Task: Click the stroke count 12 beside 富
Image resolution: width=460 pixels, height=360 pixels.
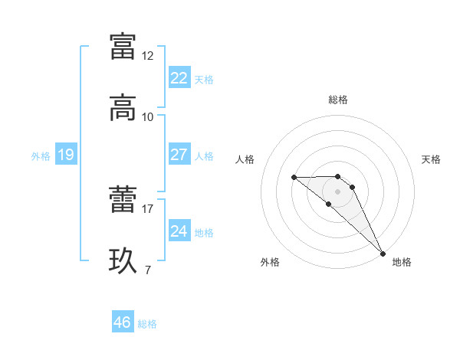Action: coord(148,56)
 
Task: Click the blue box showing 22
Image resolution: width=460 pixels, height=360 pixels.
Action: coord(179,78)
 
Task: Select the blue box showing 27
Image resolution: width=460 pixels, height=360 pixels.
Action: coord(179,155)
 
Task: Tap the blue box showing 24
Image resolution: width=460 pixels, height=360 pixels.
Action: coord(179,231)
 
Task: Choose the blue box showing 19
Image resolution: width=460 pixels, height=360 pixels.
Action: coord(66,155)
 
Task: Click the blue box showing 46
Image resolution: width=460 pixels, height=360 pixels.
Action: coord(123,322)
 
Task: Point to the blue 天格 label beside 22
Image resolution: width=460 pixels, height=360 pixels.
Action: coord(204,79)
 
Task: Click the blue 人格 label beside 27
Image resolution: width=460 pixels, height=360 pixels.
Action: coord(204,155)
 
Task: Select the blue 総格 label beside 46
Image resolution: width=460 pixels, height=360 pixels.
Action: coord(147,324)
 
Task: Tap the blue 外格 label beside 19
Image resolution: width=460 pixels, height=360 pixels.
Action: coord(41,156)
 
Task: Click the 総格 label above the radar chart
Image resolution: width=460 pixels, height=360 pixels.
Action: coord(338,100)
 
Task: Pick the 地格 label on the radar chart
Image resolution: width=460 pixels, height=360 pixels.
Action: coord(402,262)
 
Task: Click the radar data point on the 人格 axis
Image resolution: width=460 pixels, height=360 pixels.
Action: coord(294,178)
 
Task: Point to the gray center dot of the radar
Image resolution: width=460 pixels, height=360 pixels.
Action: coord(338,191)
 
